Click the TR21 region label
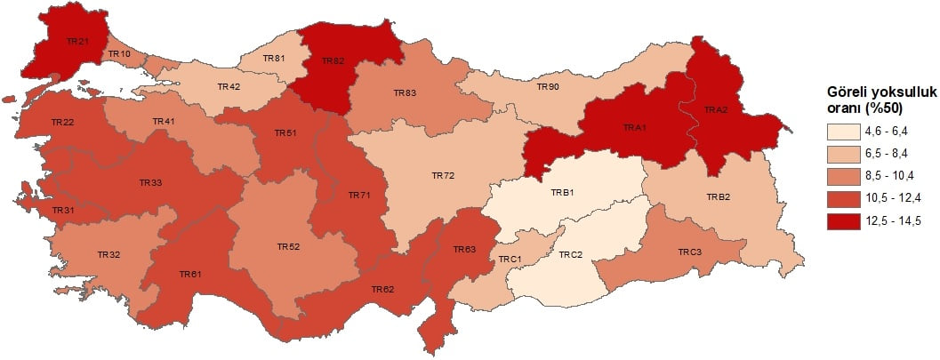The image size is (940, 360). [x=78, y=40]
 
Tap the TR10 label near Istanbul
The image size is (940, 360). [x=119, y=54]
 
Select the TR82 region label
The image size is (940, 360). [x=333, y=60]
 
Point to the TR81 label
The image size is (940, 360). [x=275, y=59]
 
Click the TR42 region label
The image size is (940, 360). [x=229, y=87]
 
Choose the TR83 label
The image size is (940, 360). [x=405, y=92]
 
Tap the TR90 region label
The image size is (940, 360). [x=548, y=87]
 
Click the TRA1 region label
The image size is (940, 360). [x=635, y=127]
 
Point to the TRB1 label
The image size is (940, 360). [x=562, y=193]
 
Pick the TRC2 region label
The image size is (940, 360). [x=570, y=254]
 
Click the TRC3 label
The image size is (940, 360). [x=690, y=252]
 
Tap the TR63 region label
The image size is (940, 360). [x=465, y=249]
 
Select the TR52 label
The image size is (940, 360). [x=288, y=246]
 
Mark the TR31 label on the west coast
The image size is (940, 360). [x=63, y=210]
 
